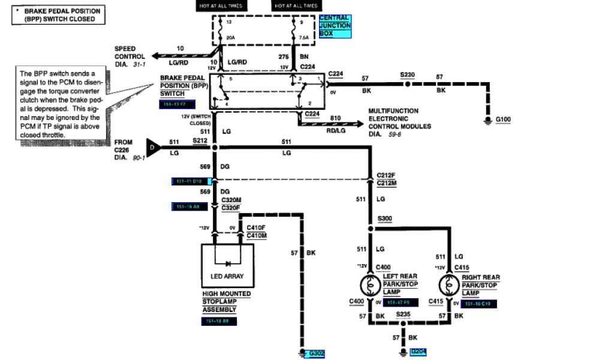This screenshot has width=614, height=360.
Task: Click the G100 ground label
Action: click(x=504, y=120)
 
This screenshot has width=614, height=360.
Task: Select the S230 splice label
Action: click(x=408, y=76)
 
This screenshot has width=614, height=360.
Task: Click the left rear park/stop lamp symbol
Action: click(x=371, y=284)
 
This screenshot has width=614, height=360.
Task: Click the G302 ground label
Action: click(x=315, y=354)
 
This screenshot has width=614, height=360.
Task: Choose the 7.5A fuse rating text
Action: click(x=303, y=37)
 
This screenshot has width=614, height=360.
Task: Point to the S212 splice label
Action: click(x=200, y=140)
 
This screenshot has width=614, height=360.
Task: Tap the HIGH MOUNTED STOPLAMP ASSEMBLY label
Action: click(x=219, y=302)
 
